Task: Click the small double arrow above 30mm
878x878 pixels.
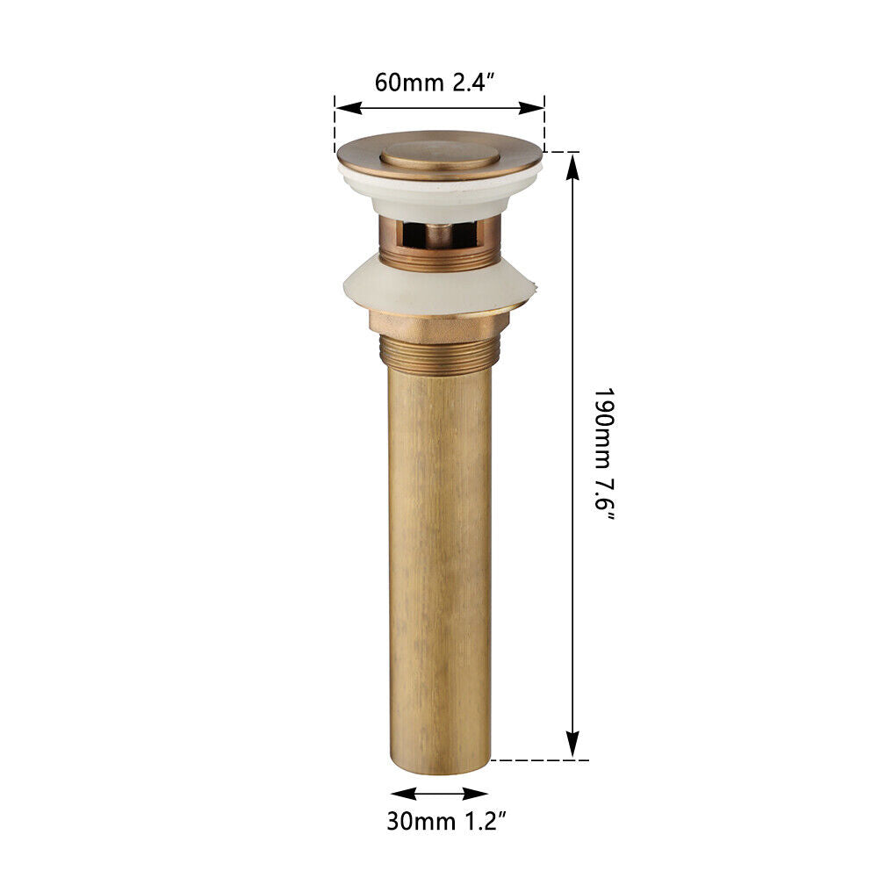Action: click(439, 793)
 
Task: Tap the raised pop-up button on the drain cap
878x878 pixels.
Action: click(439, 153)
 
